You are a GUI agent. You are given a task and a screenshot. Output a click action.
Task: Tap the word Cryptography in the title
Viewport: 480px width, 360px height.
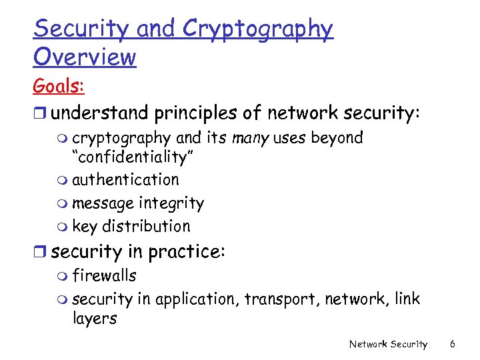[257, 29]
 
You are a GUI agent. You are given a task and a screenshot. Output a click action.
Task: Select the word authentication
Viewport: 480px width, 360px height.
[125, 180]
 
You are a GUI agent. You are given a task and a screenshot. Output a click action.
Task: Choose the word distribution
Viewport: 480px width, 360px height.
[146, 226]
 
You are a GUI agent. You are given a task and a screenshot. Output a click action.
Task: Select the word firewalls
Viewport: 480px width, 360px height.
[104, 275]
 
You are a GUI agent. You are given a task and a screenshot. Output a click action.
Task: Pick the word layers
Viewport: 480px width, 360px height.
[94, 319]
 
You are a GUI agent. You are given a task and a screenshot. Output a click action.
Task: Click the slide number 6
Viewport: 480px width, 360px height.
[453, 344]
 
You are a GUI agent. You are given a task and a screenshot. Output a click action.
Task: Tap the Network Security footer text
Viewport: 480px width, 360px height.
[388, 344]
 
